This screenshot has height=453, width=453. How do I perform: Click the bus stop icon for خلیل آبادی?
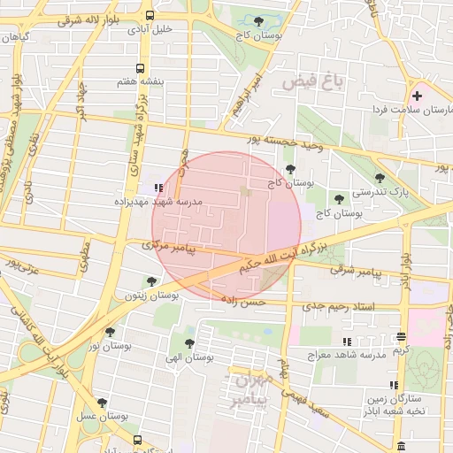150,15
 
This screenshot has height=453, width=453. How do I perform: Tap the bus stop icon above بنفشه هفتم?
139,68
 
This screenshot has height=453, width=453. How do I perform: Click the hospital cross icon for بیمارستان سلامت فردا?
417,95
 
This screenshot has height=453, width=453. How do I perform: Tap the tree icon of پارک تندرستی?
380,178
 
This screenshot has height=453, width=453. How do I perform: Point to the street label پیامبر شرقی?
358,272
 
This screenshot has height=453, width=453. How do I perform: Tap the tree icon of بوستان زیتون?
151,282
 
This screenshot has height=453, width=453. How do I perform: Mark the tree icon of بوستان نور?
110,333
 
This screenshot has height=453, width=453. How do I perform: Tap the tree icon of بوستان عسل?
102,403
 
